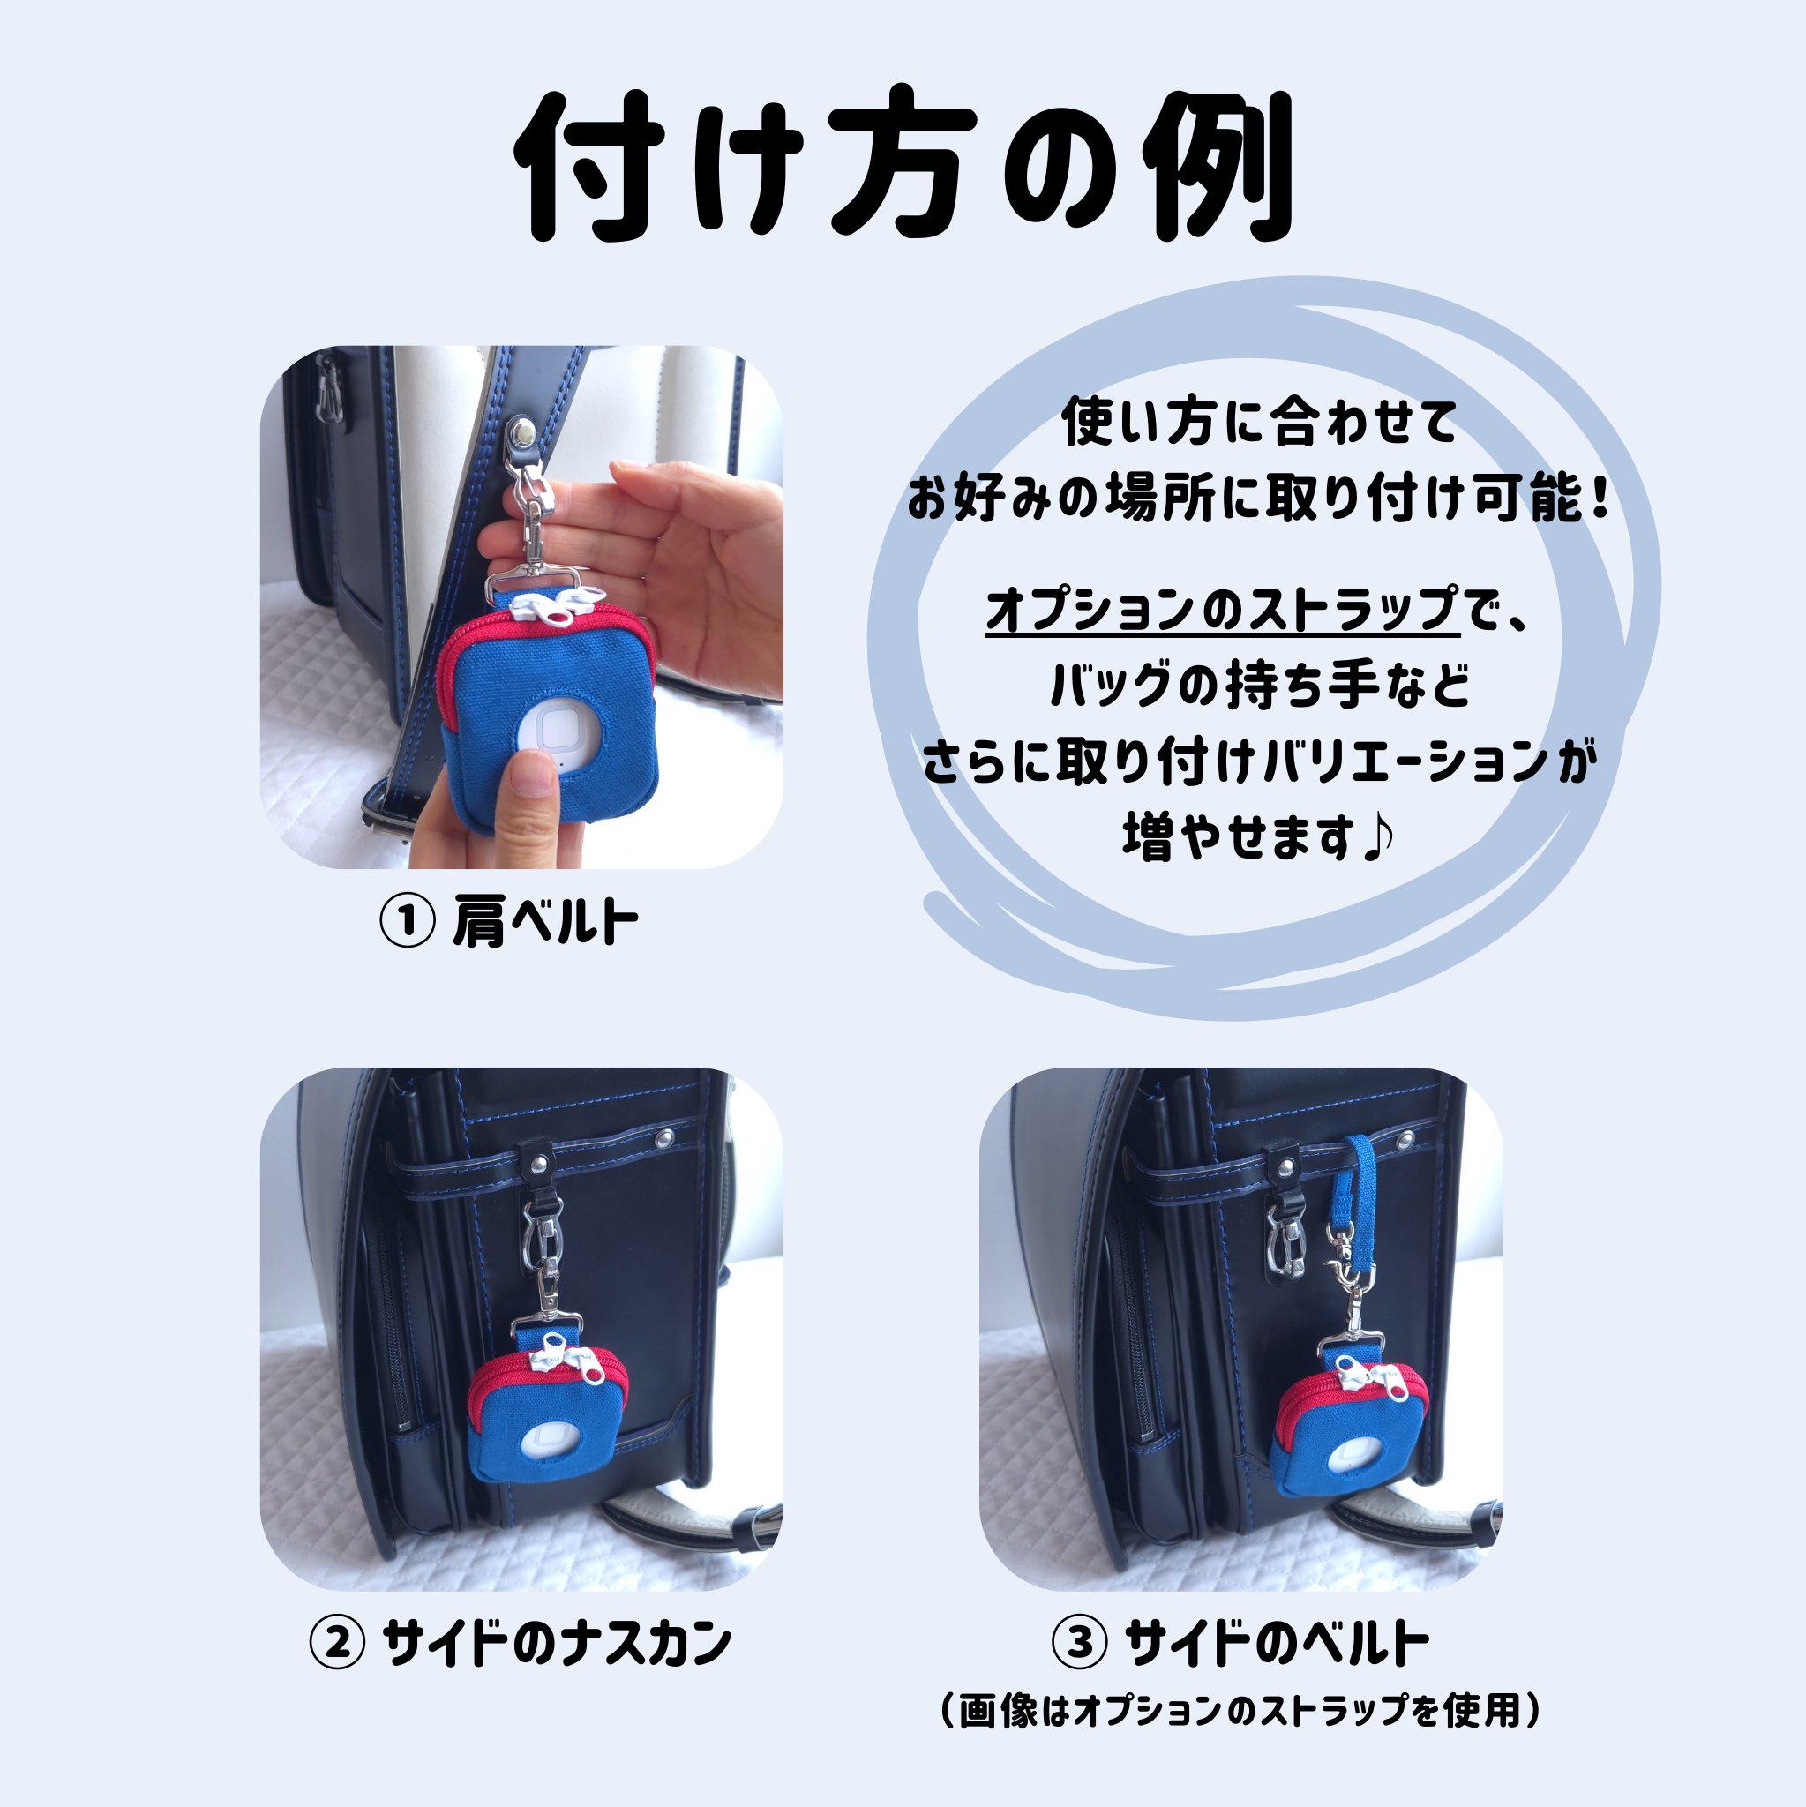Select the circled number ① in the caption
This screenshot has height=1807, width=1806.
pyautogui.click(x=407, y=921)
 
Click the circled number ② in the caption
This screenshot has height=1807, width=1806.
pyautogui.click(x=337, y=1643)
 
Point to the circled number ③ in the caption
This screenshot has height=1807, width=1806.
pyautogui.click(x=1080, y=1643)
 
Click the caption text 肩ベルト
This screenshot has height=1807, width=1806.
pyautogui.click(x=545, y=921)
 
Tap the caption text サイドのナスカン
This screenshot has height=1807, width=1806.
pyautogui.click(x=558, y=1643)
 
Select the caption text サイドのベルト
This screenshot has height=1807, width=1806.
pyautogui.click(x=1277, y=1643)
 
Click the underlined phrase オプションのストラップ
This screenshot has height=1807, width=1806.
pyautogui.click(x=1223, y=610)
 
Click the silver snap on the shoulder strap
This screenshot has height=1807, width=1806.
pyautogui.click(x=524, y=432)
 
